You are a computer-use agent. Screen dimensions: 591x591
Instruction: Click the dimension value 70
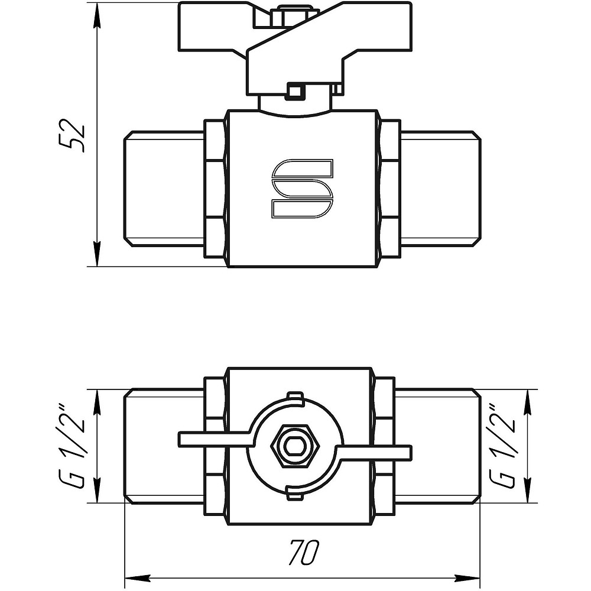point(304,552)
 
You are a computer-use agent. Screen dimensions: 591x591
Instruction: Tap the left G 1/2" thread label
point(71,446)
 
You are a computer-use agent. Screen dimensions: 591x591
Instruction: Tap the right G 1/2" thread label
point(502,446)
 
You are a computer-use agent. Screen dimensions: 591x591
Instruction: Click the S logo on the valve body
point(302,189)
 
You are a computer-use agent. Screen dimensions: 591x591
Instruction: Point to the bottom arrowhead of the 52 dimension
point(98,255)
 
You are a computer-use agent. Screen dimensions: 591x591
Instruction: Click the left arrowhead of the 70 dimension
point(137,577)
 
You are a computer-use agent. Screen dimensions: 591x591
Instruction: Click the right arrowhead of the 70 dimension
point(467,577)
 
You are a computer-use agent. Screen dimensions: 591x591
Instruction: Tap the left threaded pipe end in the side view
point(164,189)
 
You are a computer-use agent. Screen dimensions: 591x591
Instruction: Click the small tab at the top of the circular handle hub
point(295,398)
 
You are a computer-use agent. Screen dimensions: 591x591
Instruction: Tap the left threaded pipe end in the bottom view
point(164,446)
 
